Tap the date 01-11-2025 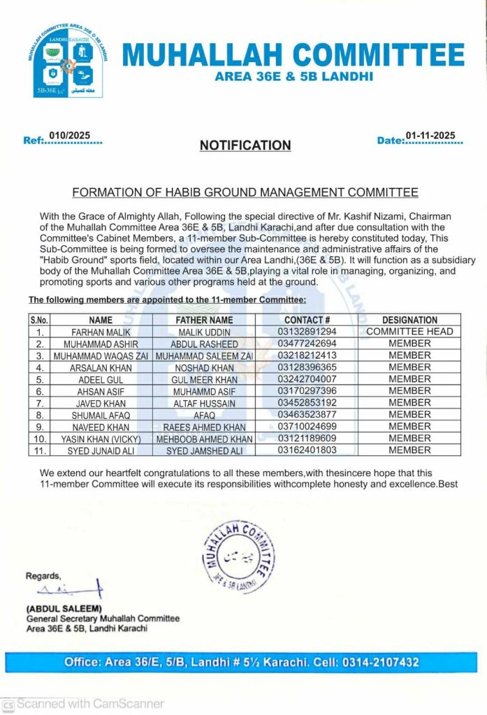click(x=430, y=135)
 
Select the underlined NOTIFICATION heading click(x=245, y=146)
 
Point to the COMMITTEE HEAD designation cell click(x=409, y=332)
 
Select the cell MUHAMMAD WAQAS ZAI click(x=101, y=356)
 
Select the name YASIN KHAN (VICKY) click(x=101, y=439)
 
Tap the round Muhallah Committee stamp click(x=235, y=556)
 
